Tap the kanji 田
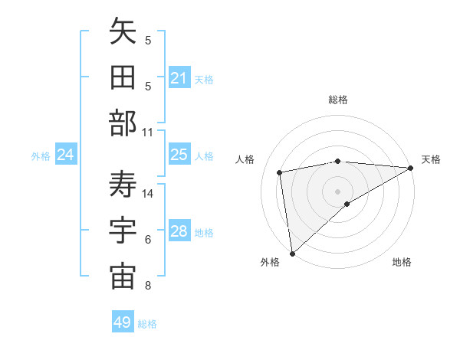point(123,78)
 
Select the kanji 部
point(123,123)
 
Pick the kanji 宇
point(123,231)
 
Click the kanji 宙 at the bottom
point(123,277)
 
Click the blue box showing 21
point(179,78)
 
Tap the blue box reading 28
point(179,232)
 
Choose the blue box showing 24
point(65,155)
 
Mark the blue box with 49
point(123,322)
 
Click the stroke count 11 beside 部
point(148,133)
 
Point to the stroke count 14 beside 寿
point(148,194)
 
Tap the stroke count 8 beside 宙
point(148,286)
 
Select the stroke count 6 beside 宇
point(148,240)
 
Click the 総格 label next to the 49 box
point(147,324)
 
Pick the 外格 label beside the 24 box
point(41,156)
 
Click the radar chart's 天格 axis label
point(431,159)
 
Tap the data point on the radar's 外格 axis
point(292,253)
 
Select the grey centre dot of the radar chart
point(337,190)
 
